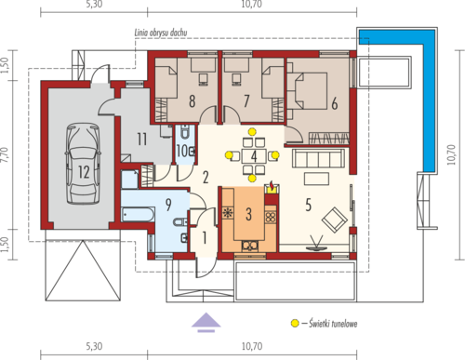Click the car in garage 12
(x=83, y=164)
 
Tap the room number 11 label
(x=142, y=140)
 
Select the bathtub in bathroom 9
(x=138, y=215)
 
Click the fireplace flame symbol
(x=272, y=185)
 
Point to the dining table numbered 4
(x=254, y=156)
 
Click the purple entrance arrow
(x=206, y=322)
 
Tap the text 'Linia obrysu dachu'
(x=161, y=33)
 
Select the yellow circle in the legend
(x=295, y=324)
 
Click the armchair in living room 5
(x=335, y=220)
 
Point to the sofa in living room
(x=319, y=158)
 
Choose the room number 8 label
(x=193, y=101)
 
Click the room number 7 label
(x=246, y=100)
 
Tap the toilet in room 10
(x=185, y=132)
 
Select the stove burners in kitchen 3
(x=271, y=217)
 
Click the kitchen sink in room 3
(x=250, y=246)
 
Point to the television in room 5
(x=316, y=244)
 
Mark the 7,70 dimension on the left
(x=6, y=154)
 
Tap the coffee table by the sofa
(x=316, y=180)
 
